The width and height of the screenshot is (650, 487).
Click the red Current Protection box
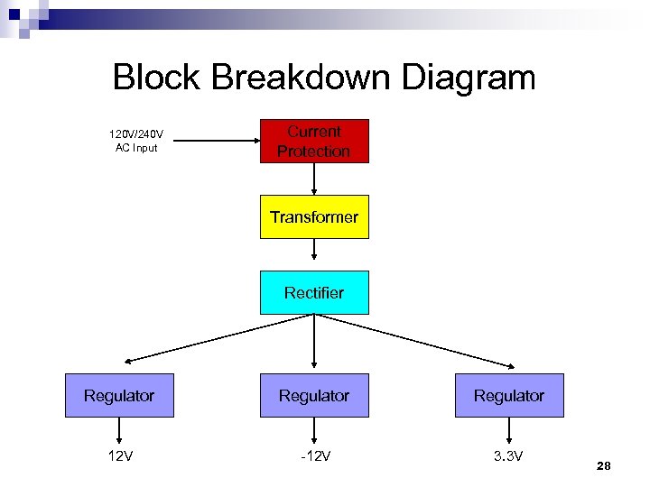point(314,141)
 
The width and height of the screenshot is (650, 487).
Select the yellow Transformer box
point(314,216)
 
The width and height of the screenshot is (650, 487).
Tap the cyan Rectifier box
point(314,292)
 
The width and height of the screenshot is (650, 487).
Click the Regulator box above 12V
point(119,395)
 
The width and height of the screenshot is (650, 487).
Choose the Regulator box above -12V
point(314,395)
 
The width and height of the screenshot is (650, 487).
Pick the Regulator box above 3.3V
point(509,395)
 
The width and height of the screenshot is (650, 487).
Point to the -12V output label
point(314,455)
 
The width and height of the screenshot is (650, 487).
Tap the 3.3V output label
point(509,455)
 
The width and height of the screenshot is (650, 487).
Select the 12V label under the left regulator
point(119,455)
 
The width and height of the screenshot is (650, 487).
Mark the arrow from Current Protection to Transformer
point(314,179)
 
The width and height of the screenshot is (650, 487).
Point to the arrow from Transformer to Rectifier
point(314,254)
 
